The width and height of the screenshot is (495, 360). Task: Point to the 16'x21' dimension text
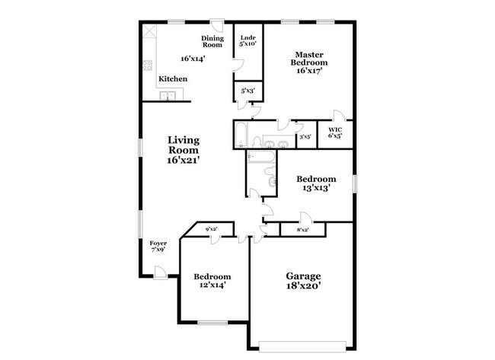point(184,161)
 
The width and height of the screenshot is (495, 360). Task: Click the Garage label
point(303,276)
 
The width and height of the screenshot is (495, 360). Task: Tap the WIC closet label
point(335,129)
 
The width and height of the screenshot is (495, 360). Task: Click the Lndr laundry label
point(247,38)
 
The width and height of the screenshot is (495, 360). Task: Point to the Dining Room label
point(212,41)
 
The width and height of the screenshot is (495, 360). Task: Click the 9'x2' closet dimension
point(211,228)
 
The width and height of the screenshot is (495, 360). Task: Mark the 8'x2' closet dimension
point(302,229)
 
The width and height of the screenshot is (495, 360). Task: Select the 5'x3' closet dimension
point(247,92)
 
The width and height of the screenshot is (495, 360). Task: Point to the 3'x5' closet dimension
point(305,137)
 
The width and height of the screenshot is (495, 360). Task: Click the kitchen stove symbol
point(147,66)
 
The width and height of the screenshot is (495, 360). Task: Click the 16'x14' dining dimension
point(193,59)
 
